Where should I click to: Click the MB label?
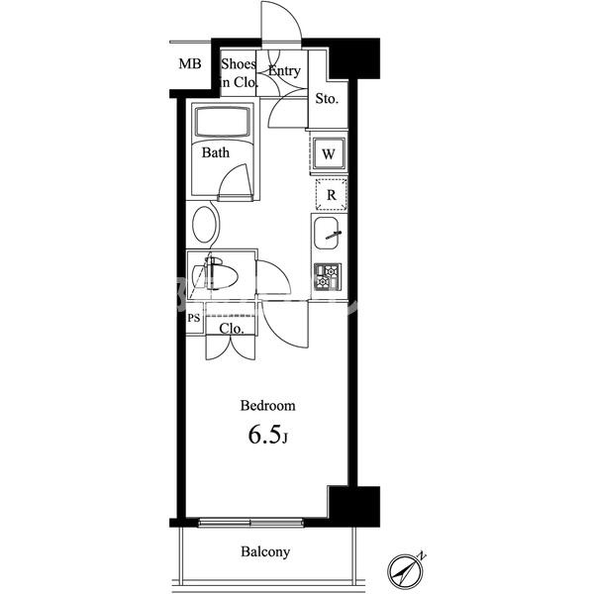[x=190, y=63]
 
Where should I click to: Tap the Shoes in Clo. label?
[x=239, y=73]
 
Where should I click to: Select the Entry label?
[x=284, y=70]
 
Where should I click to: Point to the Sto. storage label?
[x=327, y=99]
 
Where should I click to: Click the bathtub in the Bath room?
[x=223, y=121]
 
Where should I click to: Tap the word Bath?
[x=216, y=152]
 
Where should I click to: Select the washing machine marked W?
[x=329, y=153]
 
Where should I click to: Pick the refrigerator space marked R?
[x=331, y=194]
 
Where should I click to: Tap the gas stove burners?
[x=328, y=277]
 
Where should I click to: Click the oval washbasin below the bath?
[x=205, y=225]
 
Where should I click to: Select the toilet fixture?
[x=215, y=273]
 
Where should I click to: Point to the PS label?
[x=194, y=318]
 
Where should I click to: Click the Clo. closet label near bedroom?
[x=232, y=329]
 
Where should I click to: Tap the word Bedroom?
[x=268, y=405]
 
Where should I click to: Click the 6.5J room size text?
[x=268, y=435]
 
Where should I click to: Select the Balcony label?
[x=265, y=551]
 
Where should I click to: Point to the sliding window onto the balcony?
[x=250, y=523]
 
